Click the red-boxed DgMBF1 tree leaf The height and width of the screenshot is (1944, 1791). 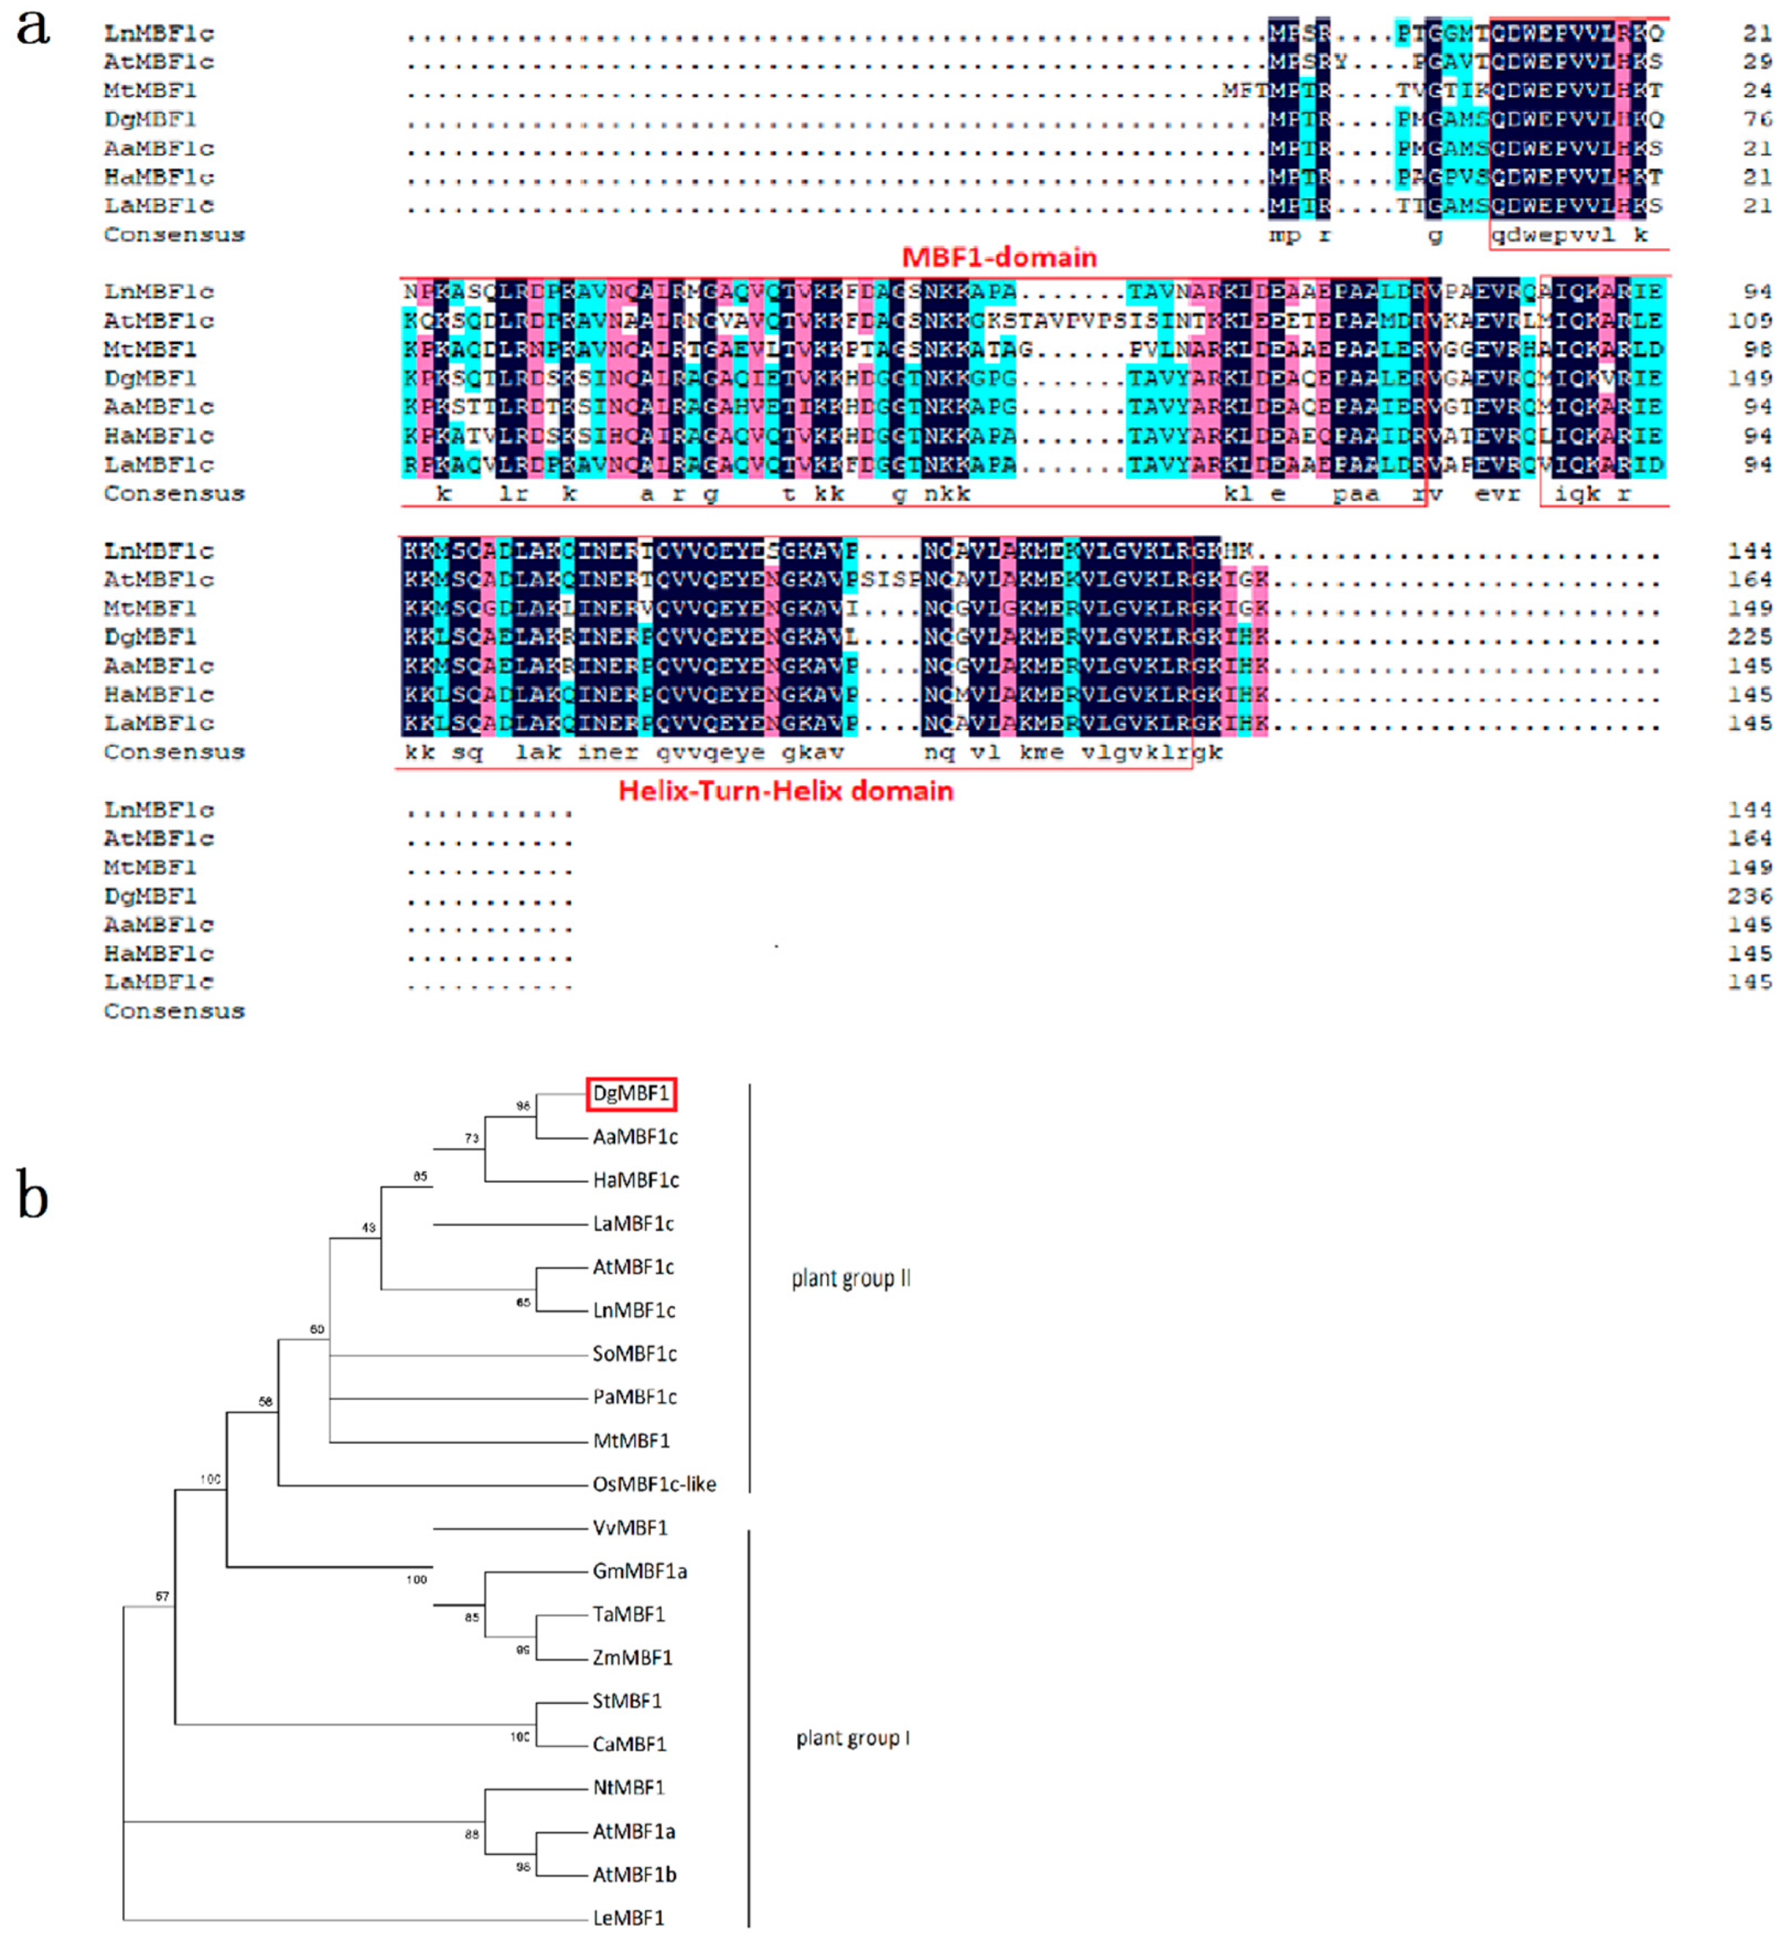click(631, 1094)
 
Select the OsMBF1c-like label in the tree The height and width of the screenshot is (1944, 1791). click(654, 1485)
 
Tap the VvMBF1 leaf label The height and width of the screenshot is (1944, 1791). click(630, 1528)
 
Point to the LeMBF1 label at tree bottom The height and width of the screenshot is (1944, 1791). click(628, 1918)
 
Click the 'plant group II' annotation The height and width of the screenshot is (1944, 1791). click(851, 1278)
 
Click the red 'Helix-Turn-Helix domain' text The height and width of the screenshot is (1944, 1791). click(785, 791)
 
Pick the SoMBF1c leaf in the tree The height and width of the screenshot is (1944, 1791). click(634, 1354)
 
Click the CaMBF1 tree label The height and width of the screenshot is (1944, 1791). click(629, 1745)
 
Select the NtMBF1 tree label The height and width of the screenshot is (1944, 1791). click(628, 1788)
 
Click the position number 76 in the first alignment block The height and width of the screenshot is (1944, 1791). click(1756, 119)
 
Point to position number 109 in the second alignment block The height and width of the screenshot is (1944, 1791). click(1750, 321)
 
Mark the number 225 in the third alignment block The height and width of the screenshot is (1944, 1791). click(1749, 636)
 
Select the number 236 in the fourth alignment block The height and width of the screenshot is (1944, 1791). click(1749, 896)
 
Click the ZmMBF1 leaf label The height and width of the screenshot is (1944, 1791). click(632, 1658)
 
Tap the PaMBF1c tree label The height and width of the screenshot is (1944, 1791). click(634, 1397)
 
